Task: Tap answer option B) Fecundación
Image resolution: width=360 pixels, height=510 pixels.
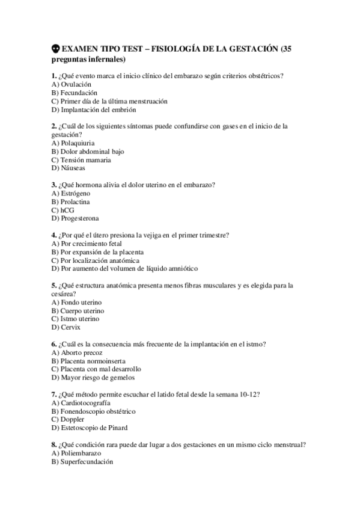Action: click(x=75, y=93)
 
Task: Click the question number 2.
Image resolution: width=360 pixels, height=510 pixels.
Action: click(x=54, y=127)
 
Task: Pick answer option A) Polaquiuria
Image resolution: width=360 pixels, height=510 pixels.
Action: click(x=75, y=144)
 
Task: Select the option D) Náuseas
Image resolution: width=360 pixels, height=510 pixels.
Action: click(x=69, y=168)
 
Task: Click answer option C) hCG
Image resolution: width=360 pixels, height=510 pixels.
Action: click(x=64, y=210)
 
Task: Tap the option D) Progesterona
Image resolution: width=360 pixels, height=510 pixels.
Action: click(x=76, y=218)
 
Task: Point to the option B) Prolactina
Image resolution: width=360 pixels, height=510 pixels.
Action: click(x=73, y=201)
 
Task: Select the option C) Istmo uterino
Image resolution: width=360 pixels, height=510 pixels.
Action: click(x=76, y=319)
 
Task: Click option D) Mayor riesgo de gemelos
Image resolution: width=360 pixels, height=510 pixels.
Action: click(x=93, y=378)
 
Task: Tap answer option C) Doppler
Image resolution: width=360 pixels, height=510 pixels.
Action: click(x=67, y=419)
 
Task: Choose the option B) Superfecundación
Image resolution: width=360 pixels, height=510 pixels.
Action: click(x=82, y=461)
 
